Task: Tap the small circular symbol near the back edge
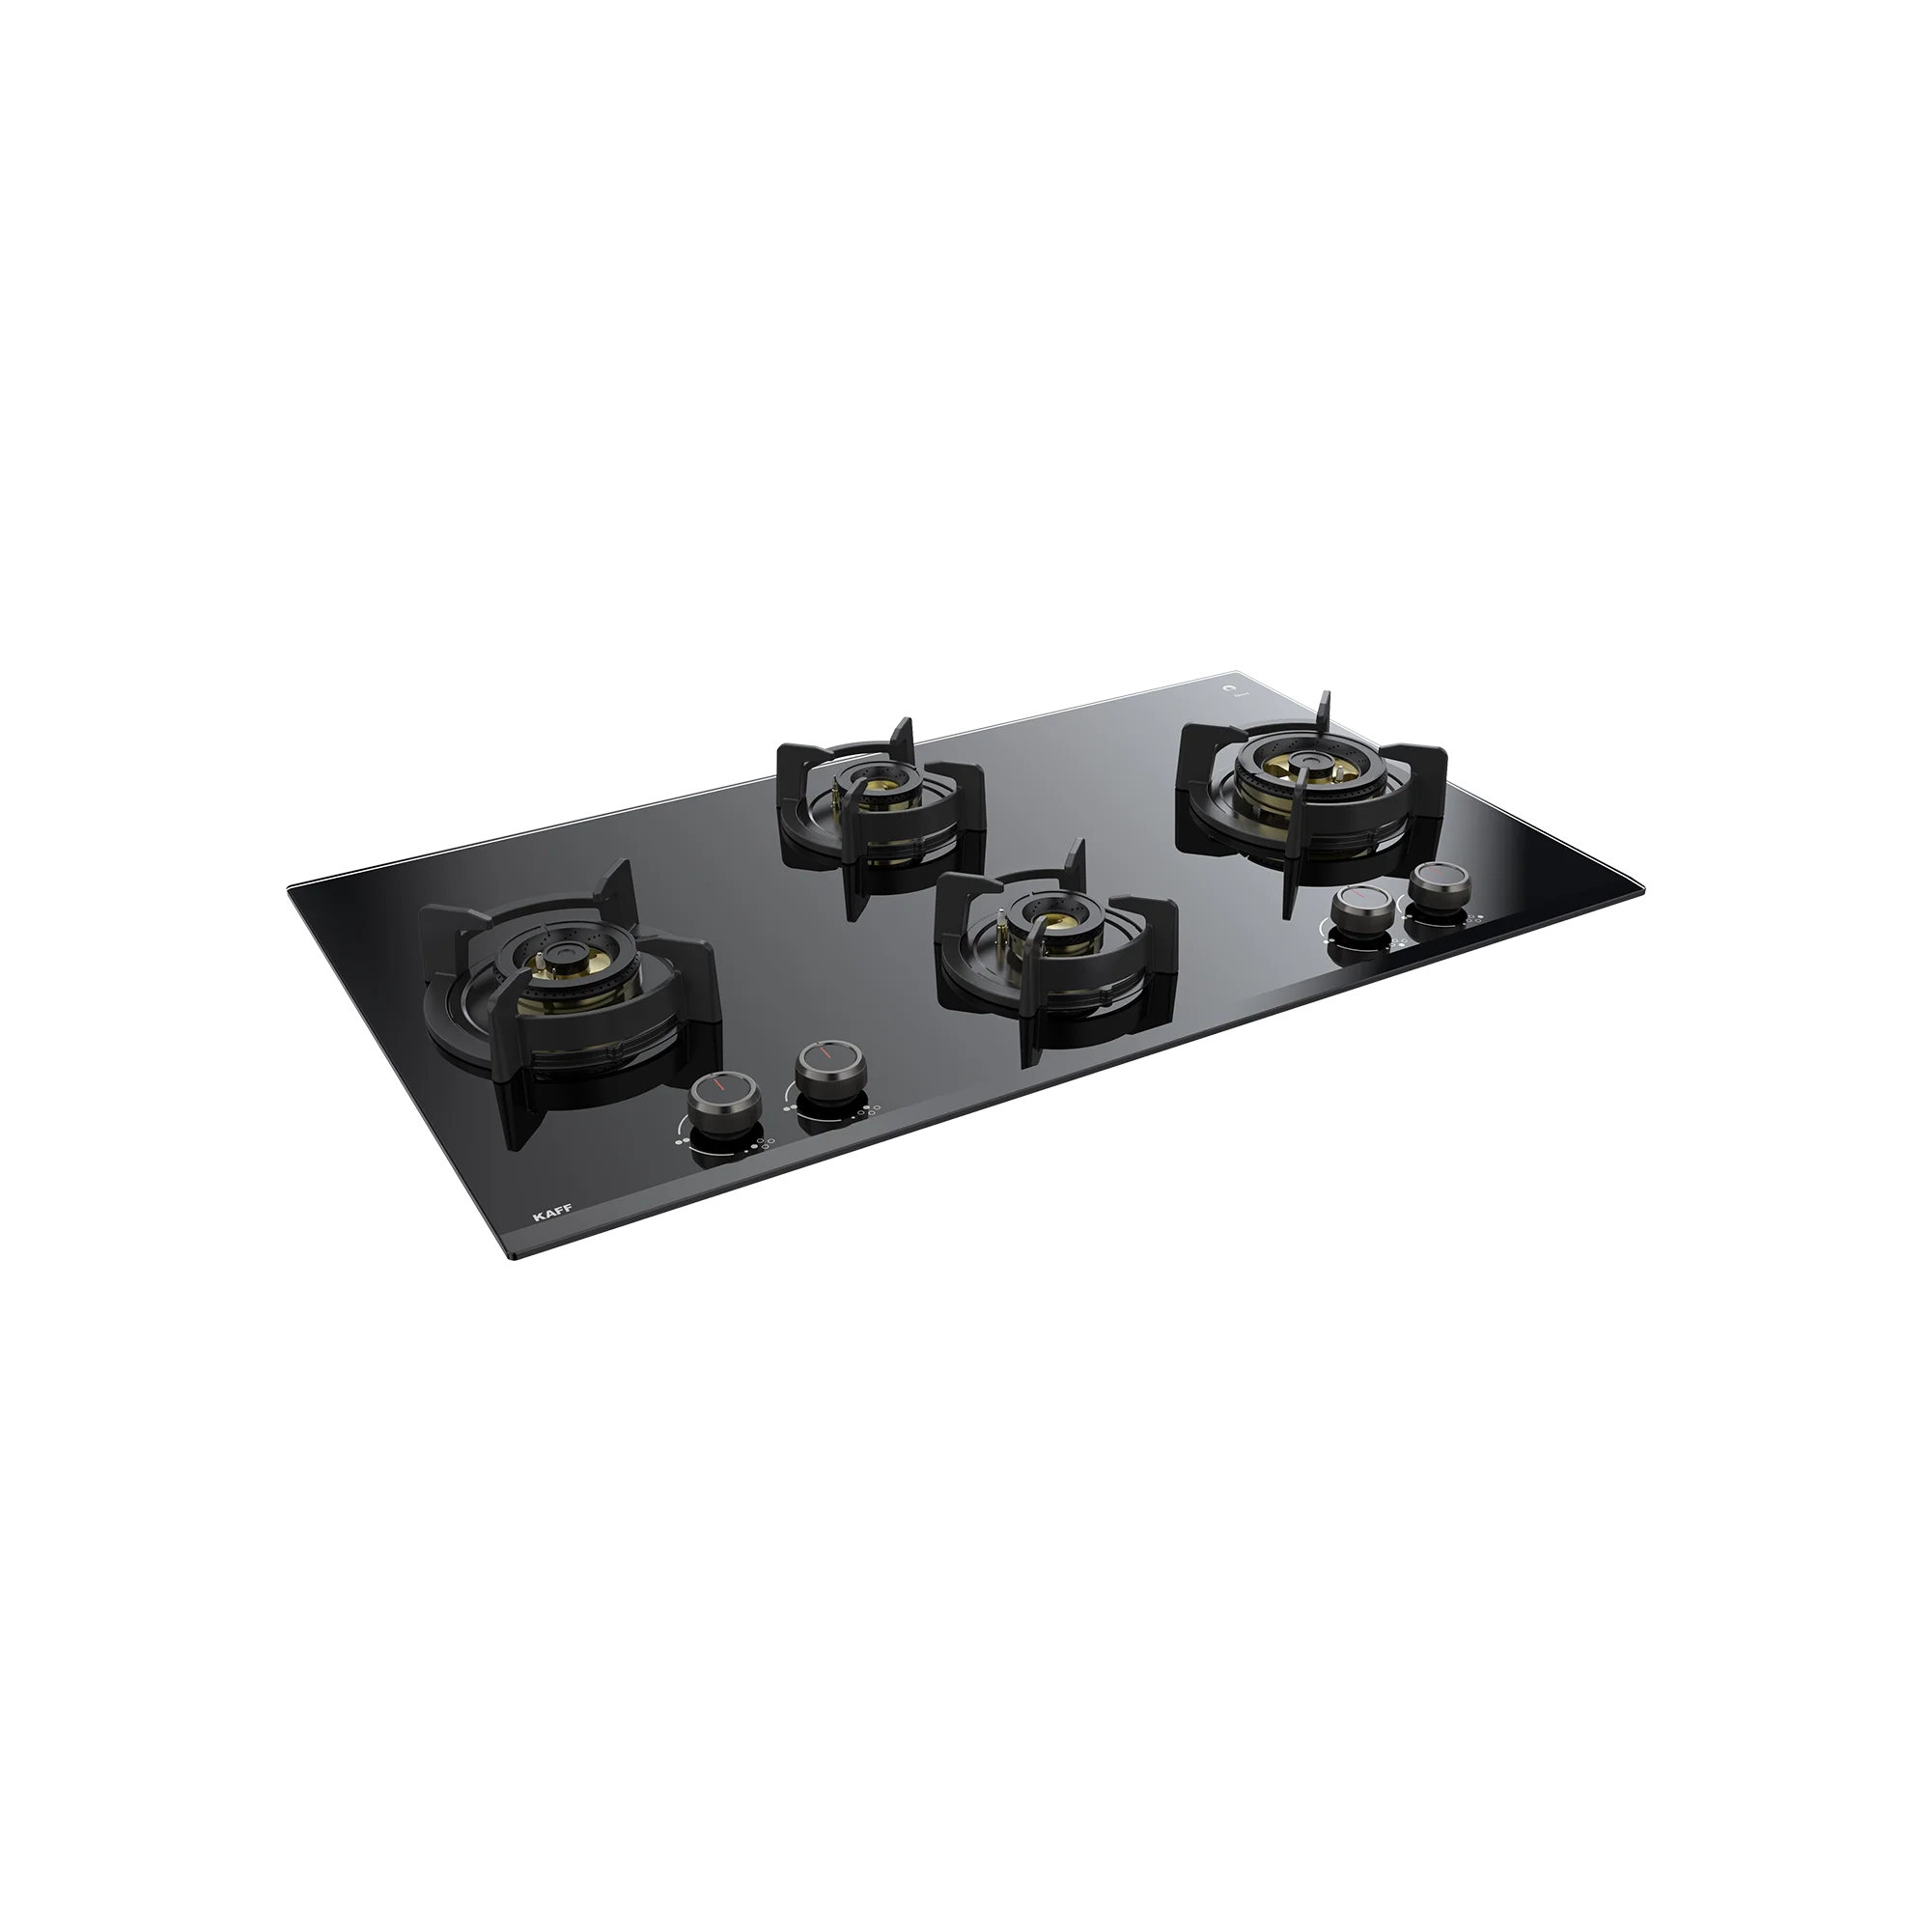(x=1228, y=688)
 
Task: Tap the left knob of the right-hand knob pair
(x=1363, y=910)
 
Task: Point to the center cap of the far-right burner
(x=1304, y=765)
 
